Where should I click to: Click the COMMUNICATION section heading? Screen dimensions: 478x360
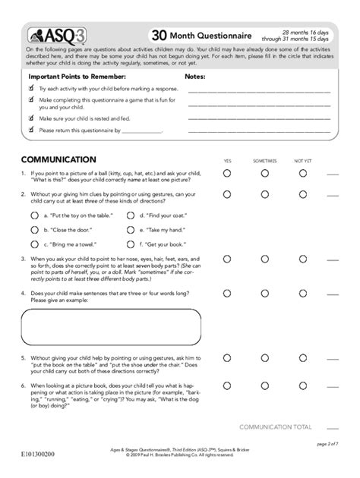tap(58, 160)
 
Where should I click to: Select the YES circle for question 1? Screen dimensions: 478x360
tap(227, 174)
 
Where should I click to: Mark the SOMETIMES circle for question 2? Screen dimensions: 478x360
tap(264, 194)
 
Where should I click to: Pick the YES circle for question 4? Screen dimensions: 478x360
tap(227, 293)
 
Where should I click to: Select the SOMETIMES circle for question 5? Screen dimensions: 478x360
tap(264, 356)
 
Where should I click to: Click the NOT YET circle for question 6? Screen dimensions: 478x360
tap(303, 388)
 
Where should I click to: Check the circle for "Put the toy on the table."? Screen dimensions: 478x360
tap(34, 215)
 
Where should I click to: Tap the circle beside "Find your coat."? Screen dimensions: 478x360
tap(131, 215)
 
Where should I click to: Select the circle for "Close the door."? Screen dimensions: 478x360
tap(34, 229)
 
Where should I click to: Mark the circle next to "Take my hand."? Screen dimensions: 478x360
tap(131, 229)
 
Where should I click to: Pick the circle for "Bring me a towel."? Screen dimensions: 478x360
tap(34, 244)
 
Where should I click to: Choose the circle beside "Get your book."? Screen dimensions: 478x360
tap(131, 244)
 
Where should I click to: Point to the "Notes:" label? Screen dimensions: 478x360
tap(196, 77)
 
